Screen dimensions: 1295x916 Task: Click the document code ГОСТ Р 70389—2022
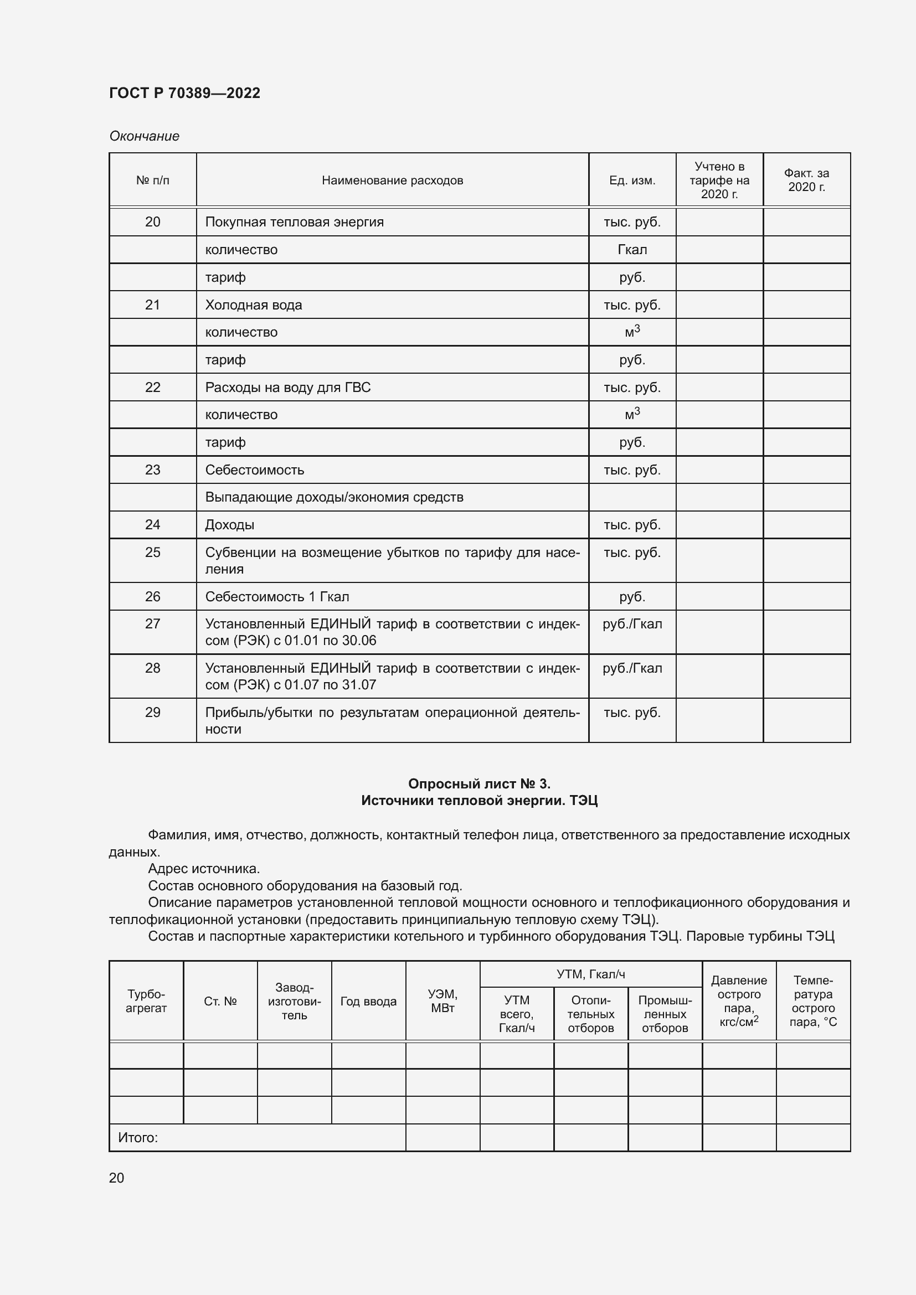tap(184, 93)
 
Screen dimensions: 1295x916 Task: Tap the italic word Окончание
tap(144, 136)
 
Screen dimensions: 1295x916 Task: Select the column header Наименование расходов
tap(392, 180)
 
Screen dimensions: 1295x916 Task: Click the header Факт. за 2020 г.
tap(806, 180)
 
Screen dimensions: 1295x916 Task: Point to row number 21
tap(152, 305)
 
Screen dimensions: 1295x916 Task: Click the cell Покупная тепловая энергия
tap(294, 222)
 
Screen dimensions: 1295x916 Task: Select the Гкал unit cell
tap(632, 250)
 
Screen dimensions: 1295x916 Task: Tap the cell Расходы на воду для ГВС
tap(287, 388)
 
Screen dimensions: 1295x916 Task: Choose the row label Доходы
tap(230, 525)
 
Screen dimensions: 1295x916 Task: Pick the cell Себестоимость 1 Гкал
tap(277, 597)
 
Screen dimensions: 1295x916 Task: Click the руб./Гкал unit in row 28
tap(632, 668)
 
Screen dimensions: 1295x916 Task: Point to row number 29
tap(152, 713)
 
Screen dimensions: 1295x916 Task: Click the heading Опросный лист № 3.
tap(479, 783)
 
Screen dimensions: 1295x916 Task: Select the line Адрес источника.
tap(204, 869)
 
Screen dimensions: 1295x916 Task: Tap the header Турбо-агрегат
tap(146, 1001)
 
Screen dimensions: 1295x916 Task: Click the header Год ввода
tap(368, 1002)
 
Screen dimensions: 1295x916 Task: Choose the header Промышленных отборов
tap(665, 1014)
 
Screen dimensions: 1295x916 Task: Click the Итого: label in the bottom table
tap(138, 1138)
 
